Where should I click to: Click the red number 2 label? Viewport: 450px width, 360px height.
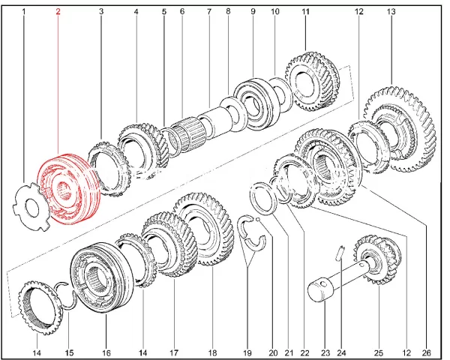pos(58,13)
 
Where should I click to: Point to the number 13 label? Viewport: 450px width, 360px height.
pos(391,13)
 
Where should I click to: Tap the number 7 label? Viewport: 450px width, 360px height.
pos(209,13)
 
